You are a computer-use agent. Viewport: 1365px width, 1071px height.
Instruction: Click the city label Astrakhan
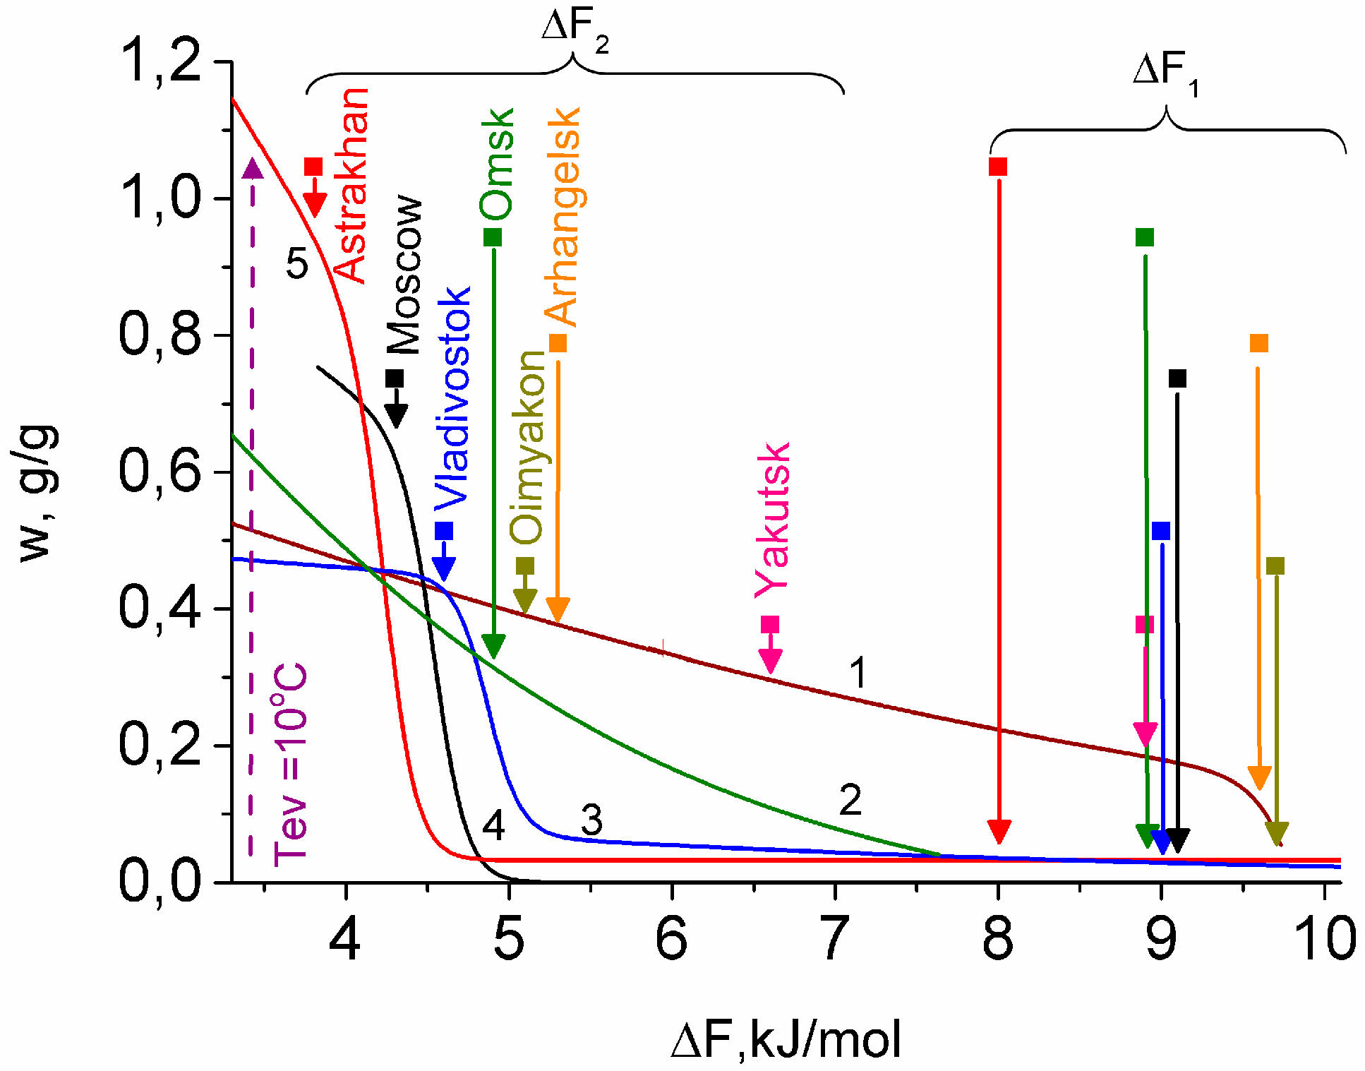pos(351,185)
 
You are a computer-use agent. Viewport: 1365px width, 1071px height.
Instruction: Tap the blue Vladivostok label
pos(452,397)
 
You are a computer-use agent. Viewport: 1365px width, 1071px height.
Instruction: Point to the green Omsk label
pos(497,164)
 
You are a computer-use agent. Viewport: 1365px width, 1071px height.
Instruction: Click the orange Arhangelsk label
pos(563,216)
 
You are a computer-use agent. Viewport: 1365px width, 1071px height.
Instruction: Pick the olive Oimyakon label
pos(528,447)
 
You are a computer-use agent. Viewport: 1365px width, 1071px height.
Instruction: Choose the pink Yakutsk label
pos(772,520)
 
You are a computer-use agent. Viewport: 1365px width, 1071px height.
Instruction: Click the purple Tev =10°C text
pos(290,765)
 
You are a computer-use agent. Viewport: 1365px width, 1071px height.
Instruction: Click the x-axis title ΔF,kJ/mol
pos(786,1040)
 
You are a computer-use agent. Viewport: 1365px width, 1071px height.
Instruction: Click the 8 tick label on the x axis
pos(997,938)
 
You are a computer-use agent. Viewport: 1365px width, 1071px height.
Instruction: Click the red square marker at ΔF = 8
pos(998,167)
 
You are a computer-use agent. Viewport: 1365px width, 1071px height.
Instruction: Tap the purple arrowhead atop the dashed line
pos(252,169)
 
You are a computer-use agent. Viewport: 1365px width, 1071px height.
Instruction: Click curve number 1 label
pos(858,672)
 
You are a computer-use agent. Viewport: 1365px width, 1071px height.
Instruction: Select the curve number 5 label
pos(297,264)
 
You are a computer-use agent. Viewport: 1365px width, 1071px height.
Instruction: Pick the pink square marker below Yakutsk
pos(770,624)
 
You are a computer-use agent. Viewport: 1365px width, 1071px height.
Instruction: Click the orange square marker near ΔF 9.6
pos(1259,343)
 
